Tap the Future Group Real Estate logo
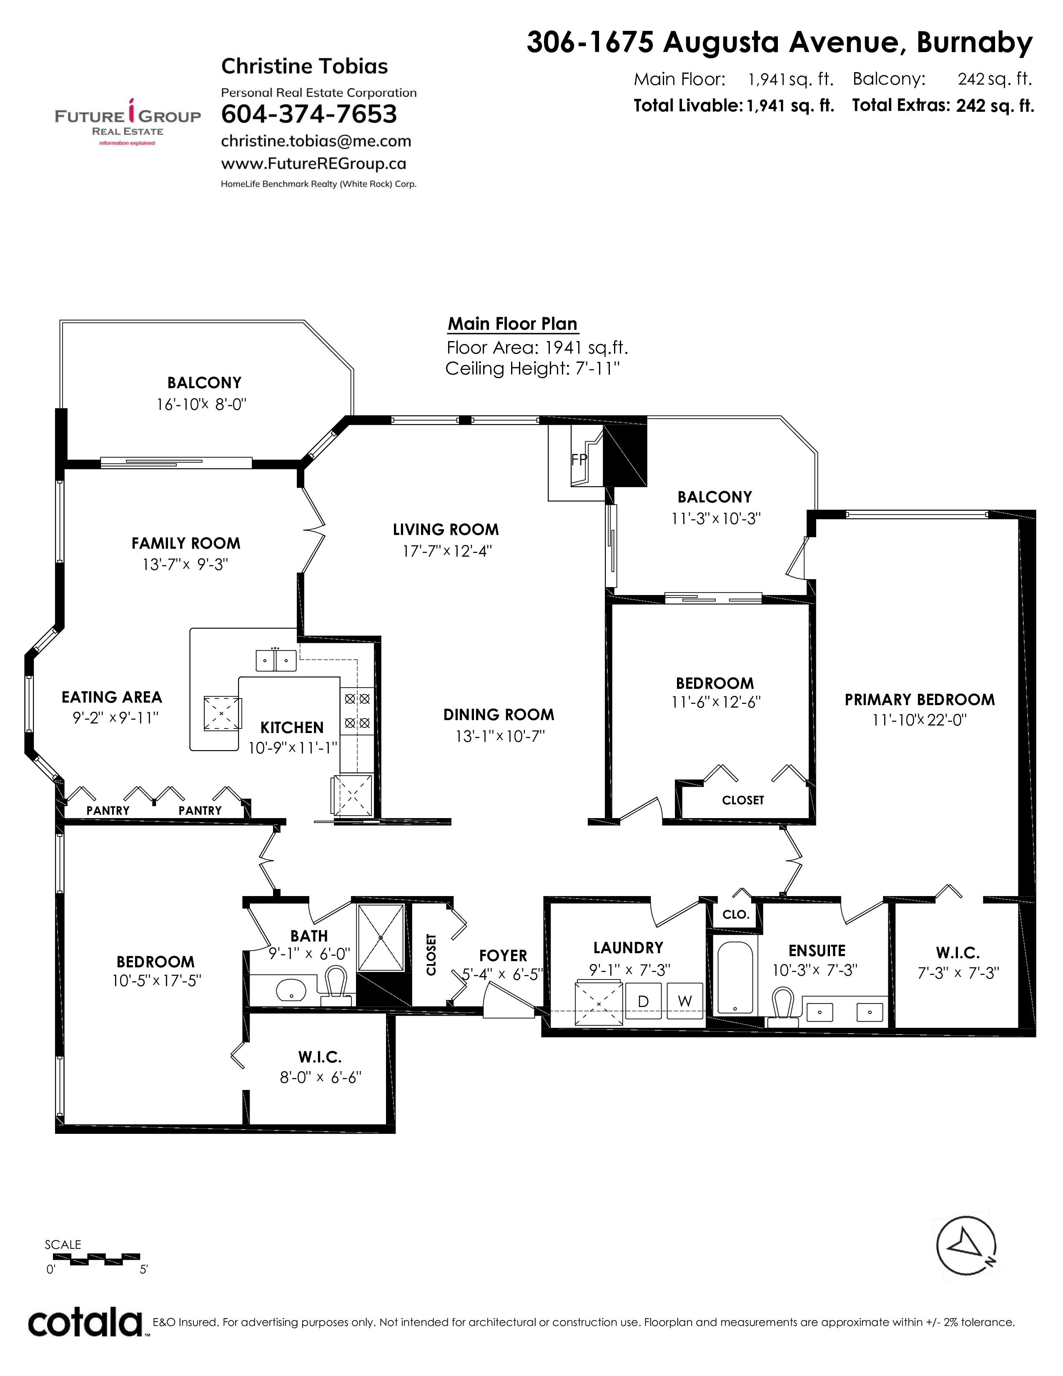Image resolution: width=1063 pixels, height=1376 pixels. (x=128, y=122)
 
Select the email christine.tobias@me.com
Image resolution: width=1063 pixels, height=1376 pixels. (x=316, y=141)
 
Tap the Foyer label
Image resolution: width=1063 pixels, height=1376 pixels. (x=503, y=956)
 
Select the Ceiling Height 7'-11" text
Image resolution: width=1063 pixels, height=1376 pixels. (x=533, y=369)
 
